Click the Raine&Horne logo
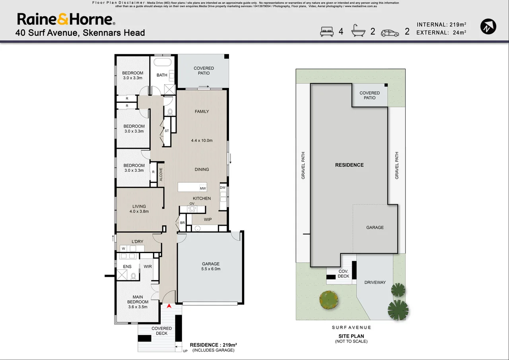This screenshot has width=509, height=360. [x=66, y=19]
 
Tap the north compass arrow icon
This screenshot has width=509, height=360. [x=488, y=27]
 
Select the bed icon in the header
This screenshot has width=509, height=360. [x=327, y=31]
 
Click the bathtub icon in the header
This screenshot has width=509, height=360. [x=358, y=31]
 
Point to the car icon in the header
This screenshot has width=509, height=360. [x=390, y=33]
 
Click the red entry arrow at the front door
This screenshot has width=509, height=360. [x=169, y=306]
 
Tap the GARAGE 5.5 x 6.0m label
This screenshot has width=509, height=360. [x=211, y=266]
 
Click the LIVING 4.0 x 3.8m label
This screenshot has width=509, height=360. [x=139, y=209]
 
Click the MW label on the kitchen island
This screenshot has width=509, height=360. [x=203, y=188]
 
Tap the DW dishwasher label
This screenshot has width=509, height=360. [x=223, y=188]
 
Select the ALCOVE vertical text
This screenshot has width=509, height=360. [x=161, y=174]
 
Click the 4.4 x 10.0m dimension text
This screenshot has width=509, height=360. [x=202, y=141]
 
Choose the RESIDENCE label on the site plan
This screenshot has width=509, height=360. [x=349, y=165]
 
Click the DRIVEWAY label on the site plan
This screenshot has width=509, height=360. [x=375, y=283]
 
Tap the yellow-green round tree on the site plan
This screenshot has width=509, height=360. [x=328, y=300]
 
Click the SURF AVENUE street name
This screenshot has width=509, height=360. [x=351, y=327]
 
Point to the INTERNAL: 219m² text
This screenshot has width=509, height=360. [x=441, y=25]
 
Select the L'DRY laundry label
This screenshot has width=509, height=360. [x=138, y=242]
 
